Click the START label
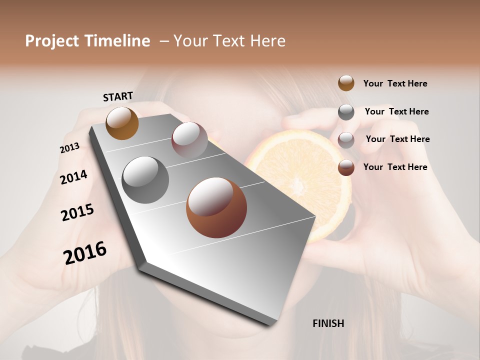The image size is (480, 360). pyautogui.click(x=118, y=96)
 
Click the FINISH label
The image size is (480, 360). pyautogui.click(x=328, y=323)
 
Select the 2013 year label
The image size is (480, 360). pyautogui.click(x=69, y=148)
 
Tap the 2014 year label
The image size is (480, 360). pyautogui.click(x=73, y=177)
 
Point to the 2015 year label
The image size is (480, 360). pyautogui.click(x=77, y=212)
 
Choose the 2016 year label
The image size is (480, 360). pyautogui.click(x=85, y=252)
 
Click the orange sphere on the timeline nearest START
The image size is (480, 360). pyautogui.click(x=122, y=123)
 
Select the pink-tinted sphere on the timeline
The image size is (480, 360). pyautogui.click(x=189, y=140)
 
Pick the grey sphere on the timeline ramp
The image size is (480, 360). pyautogui.click(x=145, y=179)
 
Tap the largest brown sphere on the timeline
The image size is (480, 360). pyautogui.click(x=216, y=207)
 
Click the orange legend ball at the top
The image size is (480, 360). pyautogui.click(x=346, y=83)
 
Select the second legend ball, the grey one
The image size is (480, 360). pyautogui.click(x=346, y=112)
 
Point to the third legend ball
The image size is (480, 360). pyautogui.click(x=346, y=140)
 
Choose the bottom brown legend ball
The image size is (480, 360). pyautogui.click(x=346, y=167)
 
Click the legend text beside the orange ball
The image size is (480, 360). pyautogui.click(x=395, y=84)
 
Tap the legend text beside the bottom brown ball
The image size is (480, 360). pyautogui.click(x=395, y=167)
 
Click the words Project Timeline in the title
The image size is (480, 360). pyautogui.click(x=87, y=41)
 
